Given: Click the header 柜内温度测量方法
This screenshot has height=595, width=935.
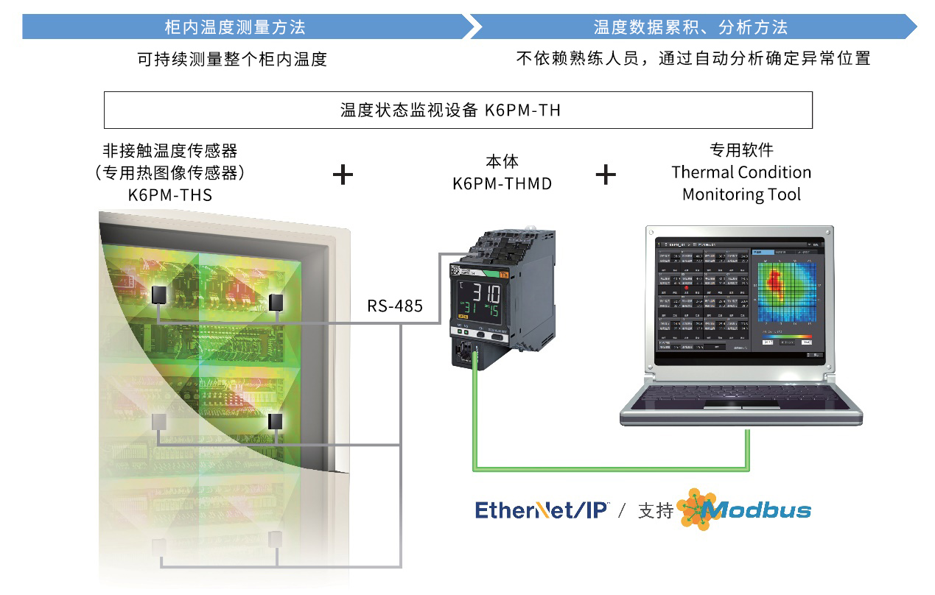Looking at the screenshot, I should [234, 28].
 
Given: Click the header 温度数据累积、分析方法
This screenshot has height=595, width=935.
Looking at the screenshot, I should [690, 28].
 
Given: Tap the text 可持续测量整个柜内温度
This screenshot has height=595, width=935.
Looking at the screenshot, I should [232, 60].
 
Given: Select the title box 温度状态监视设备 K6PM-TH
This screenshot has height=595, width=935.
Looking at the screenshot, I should [458, 110].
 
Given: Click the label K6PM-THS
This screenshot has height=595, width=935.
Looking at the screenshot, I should [170, 195].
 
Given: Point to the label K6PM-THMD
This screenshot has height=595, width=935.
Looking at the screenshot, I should [502, 183].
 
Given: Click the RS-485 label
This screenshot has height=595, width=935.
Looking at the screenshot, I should [395, 306].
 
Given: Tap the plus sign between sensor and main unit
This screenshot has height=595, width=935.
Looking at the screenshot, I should [343, 175].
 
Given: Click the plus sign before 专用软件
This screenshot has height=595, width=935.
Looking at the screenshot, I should [605, 175].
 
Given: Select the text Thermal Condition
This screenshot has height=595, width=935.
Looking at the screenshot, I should [741, 172].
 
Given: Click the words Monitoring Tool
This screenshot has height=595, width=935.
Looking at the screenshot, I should [741, 194].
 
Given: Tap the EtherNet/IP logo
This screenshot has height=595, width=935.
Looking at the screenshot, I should [542, 510].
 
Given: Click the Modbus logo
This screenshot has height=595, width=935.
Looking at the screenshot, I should [744, 510].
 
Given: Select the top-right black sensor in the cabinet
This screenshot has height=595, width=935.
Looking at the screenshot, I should [276, 302].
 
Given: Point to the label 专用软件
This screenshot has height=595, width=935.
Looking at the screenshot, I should [741, 150].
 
